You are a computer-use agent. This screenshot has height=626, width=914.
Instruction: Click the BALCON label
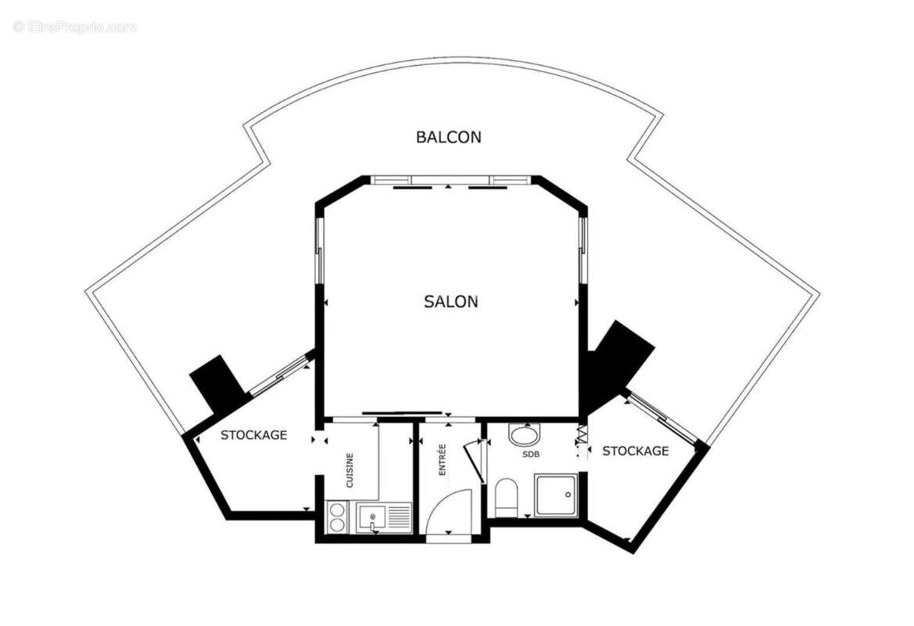[x=448, y=138]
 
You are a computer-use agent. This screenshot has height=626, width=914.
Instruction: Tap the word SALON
[x=451, y=301]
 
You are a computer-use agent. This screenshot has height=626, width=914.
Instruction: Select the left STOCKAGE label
[x=253, y=435]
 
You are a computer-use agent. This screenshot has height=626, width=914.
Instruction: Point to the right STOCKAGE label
[x=635, y=451]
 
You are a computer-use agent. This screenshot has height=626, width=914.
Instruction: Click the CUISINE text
[x=350, y=471]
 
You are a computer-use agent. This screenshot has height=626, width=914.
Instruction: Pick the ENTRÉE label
[x=442, y=461]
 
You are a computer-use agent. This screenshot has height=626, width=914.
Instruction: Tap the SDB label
[x=532, y=454]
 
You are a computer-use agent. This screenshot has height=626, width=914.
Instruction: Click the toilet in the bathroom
[x=507, y=498]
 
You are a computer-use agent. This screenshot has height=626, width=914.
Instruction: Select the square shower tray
[x=557, y=495]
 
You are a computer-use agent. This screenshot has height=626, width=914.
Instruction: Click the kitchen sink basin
[x=371, y=516]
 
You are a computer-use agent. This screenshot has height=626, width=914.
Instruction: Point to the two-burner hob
[x=338, y=516]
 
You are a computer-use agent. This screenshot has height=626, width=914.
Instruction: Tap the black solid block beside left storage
[x=217, y=382]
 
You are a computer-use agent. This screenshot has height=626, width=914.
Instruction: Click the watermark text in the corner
[x=74, y=27]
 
